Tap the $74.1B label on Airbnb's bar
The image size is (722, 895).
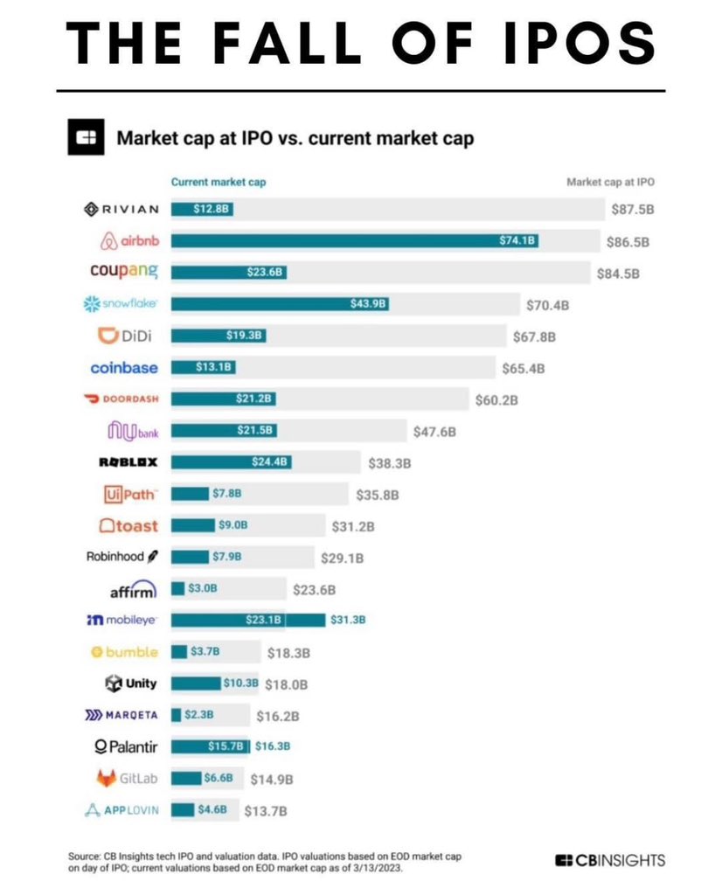click(x=516, y=240)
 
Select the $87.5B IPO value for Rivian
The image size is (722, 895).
click(x=632, y=210)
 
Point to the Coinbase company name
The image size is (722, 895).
click(x=124, y=368)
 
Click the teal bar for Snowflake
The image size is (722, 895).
click(x=280, y=304)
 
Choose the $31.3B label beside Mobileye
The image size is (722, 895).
click(x=348, y=620)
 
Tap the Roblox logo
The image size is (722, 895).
click(x=129, y=462)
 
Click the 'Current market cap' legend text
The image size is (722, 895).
click(x=218, y=183)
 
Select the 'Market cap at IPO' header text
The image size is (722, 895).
click(x=610, y=183)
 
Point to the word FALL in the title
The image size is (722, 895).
click(x=313, y=41)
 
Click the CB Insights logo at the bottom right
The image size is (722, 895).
click(x=610, y=860)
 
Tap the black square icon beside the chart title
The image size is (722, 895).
click(x=86, y=137)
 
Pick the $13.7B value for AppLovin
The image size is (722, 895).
click(x=265, y=810)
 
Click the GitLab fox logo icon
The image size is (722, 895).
click(x=106, y=778)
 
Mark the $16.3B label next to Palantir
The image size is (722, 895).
click(x=273, y=746)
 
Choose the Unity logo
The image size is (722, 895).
click(x=130, y=683)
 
